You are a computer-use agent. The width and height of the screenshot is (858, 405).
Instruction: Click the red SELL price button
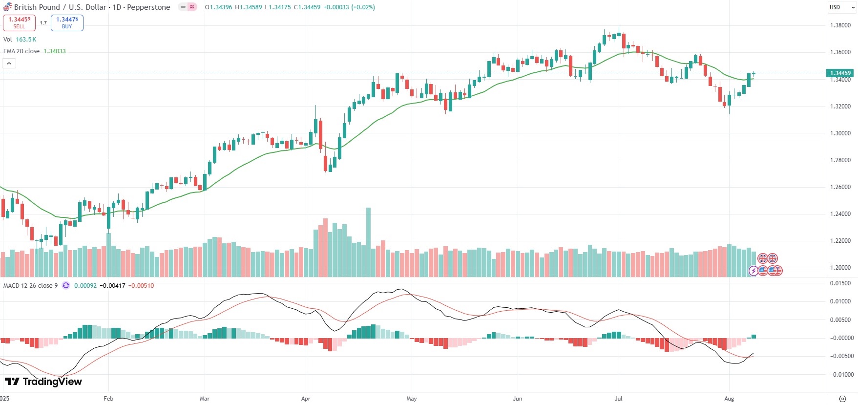(x=19, y=22)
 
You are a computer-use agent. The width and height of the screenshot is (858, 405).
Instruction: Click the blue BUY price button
(x=67, y=22)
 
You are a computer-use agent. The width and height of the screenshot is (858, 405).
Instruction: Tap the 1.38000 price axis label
(x=840, y=25)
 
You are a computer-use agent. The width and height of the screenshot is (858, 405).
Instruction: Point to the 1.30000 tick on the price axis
(x=840, y=133)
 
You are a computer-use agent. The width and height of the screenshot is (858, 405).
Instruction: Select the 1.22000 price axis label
(x=840, y=241)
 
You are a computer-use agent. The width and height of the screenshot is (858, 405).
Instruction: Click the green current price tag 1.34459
(x=840, y=73)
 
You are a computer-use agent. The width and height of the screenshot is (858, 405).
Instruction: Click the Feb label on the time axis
(x=108, y=399)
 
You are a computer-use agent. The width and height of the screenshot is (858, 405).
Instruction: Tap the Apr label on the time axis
(x=306, y=399)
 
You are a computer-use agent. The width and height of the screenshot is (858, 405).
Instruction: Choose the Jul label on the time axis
(x=618, y=399)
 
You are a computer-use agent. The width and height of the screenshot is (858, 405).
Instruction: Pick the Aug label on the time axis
(x=729, y=399)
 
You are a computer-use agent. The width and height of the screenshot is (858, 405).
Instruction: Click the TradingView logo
(x=43, y=382)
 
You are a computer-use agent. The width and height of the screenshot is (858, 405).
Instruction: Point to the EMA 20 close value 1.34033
(x=55, y=51)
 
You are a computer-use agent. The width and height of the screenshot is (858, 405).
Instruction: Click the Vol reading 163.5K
(x=26, y=40)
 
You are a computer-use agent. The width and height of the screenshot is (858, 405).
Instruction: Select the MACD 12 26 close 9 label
(x=30, y=286)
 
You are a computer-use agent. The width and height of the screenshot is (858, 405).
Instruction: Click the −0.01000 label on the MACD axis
(x=841, y=375)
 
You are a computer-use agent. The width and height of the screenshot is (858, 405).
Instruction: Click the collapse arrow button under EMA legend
(x=9, y=64)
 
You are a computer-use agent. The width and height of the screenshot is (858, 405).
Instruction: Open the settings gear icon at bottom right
(x=842, y=399)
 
